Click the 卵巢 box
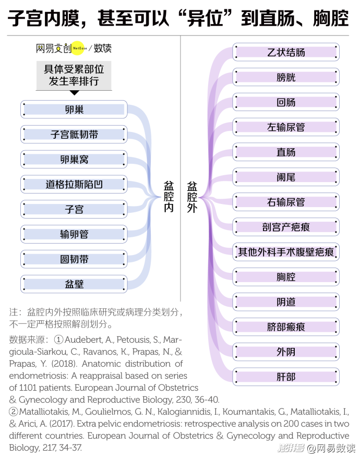(74, 110)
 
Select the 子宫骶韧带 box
(74, 135)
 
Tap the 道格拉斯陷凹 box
(74, 184)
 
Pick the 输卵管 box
(74, 234)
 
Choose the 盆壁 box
(74, 284)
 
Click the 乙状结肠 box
(286, 52)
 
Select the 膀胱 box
(286, 77)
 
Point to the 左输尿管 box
(286, 127)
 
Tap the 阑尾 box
(286, 177)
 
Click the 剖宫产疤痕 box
(286, 227)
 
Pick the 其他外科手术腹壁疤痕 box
(286, 252)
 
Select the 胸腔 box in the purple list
(286, 276)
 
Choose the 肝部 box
(286, 377)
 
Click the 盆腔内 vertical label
(169, 197)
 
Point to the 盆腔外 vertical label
(192, 197)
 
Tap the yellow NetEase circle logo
(78, 48)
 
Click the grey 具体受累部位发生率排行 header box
(74, 76)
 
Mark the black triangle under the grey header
(75, 93)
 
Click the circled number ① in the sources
(58, 340)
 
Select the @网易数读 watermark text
(331, 448)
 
